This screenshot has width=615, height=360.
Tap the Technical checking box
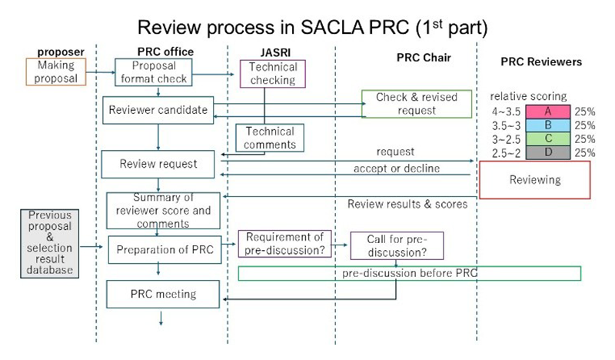tap(268, 75)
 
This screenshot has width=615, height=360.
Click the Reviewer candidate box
tap(158, 110)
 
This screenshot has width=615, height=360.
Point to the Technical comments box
tap(266, 138)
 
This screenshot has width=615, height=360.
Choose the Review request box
tap(158, 163)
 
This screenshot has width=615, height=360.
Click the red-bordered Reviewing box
tap(535, 180)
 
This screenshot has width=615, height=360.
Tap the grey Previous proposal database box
tap(51, 242)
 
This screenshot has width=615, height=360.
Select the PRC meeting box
tap(163, 293)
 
